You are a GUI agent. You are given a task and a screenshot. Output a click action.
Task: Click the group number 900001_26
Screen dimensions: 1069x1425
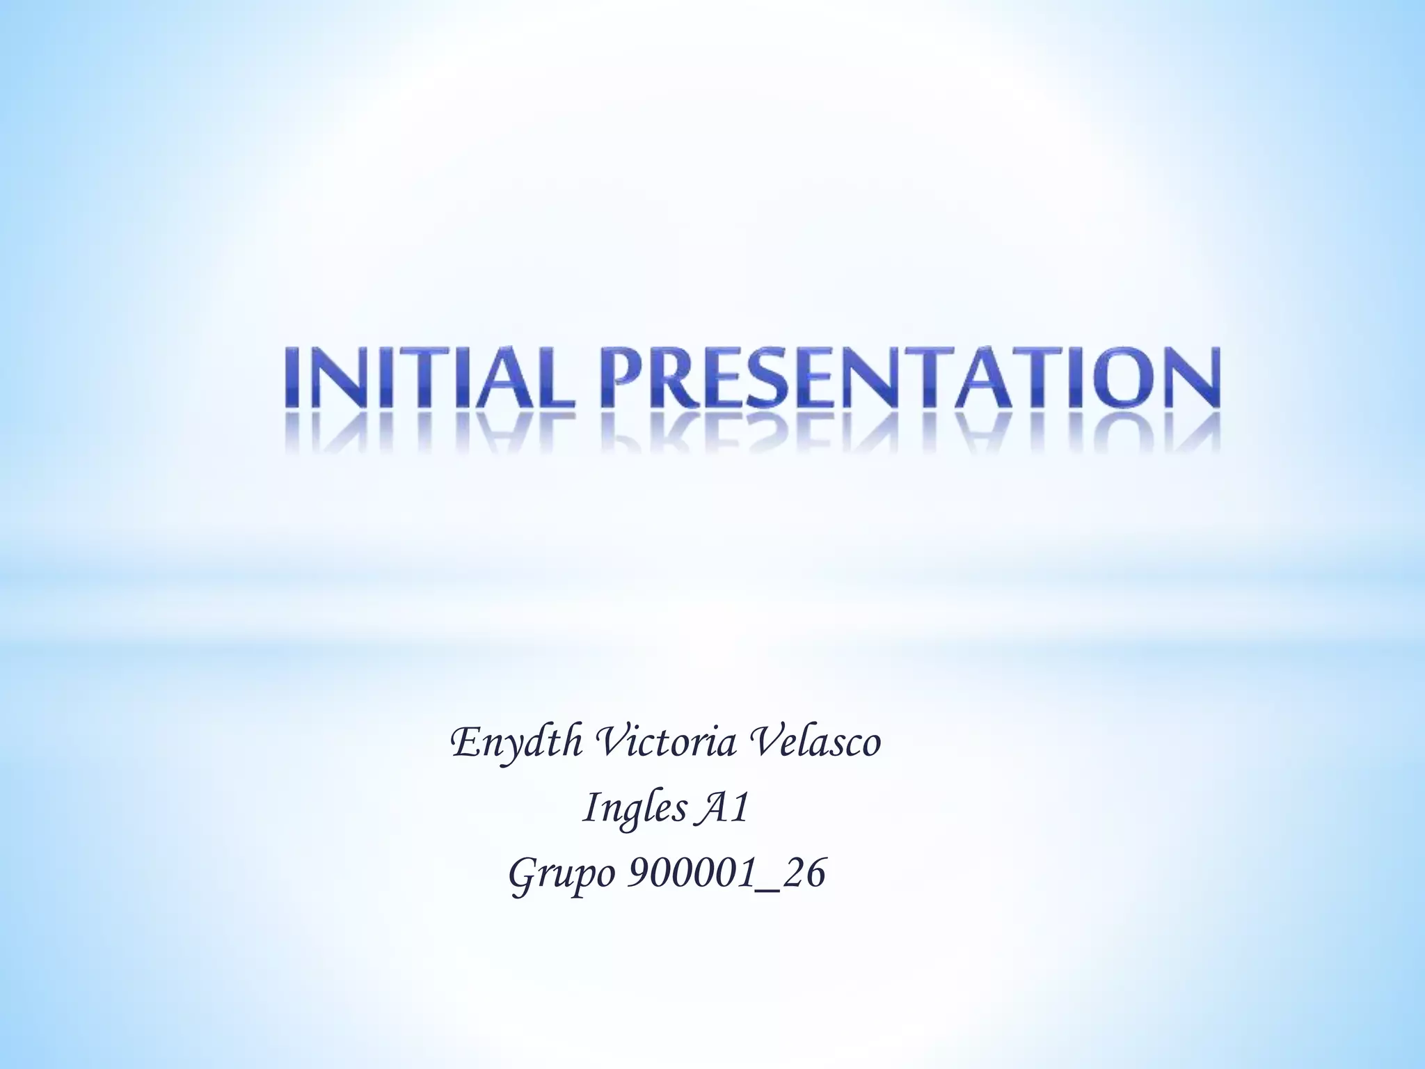[727, 874]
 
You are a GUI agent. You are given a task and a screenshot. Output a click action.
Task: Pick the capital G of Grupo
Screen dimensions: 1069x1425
[523, 873]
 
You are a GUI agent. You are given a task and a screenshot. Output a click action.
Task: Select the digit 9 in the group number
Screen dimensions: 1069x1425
[637, 874]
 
